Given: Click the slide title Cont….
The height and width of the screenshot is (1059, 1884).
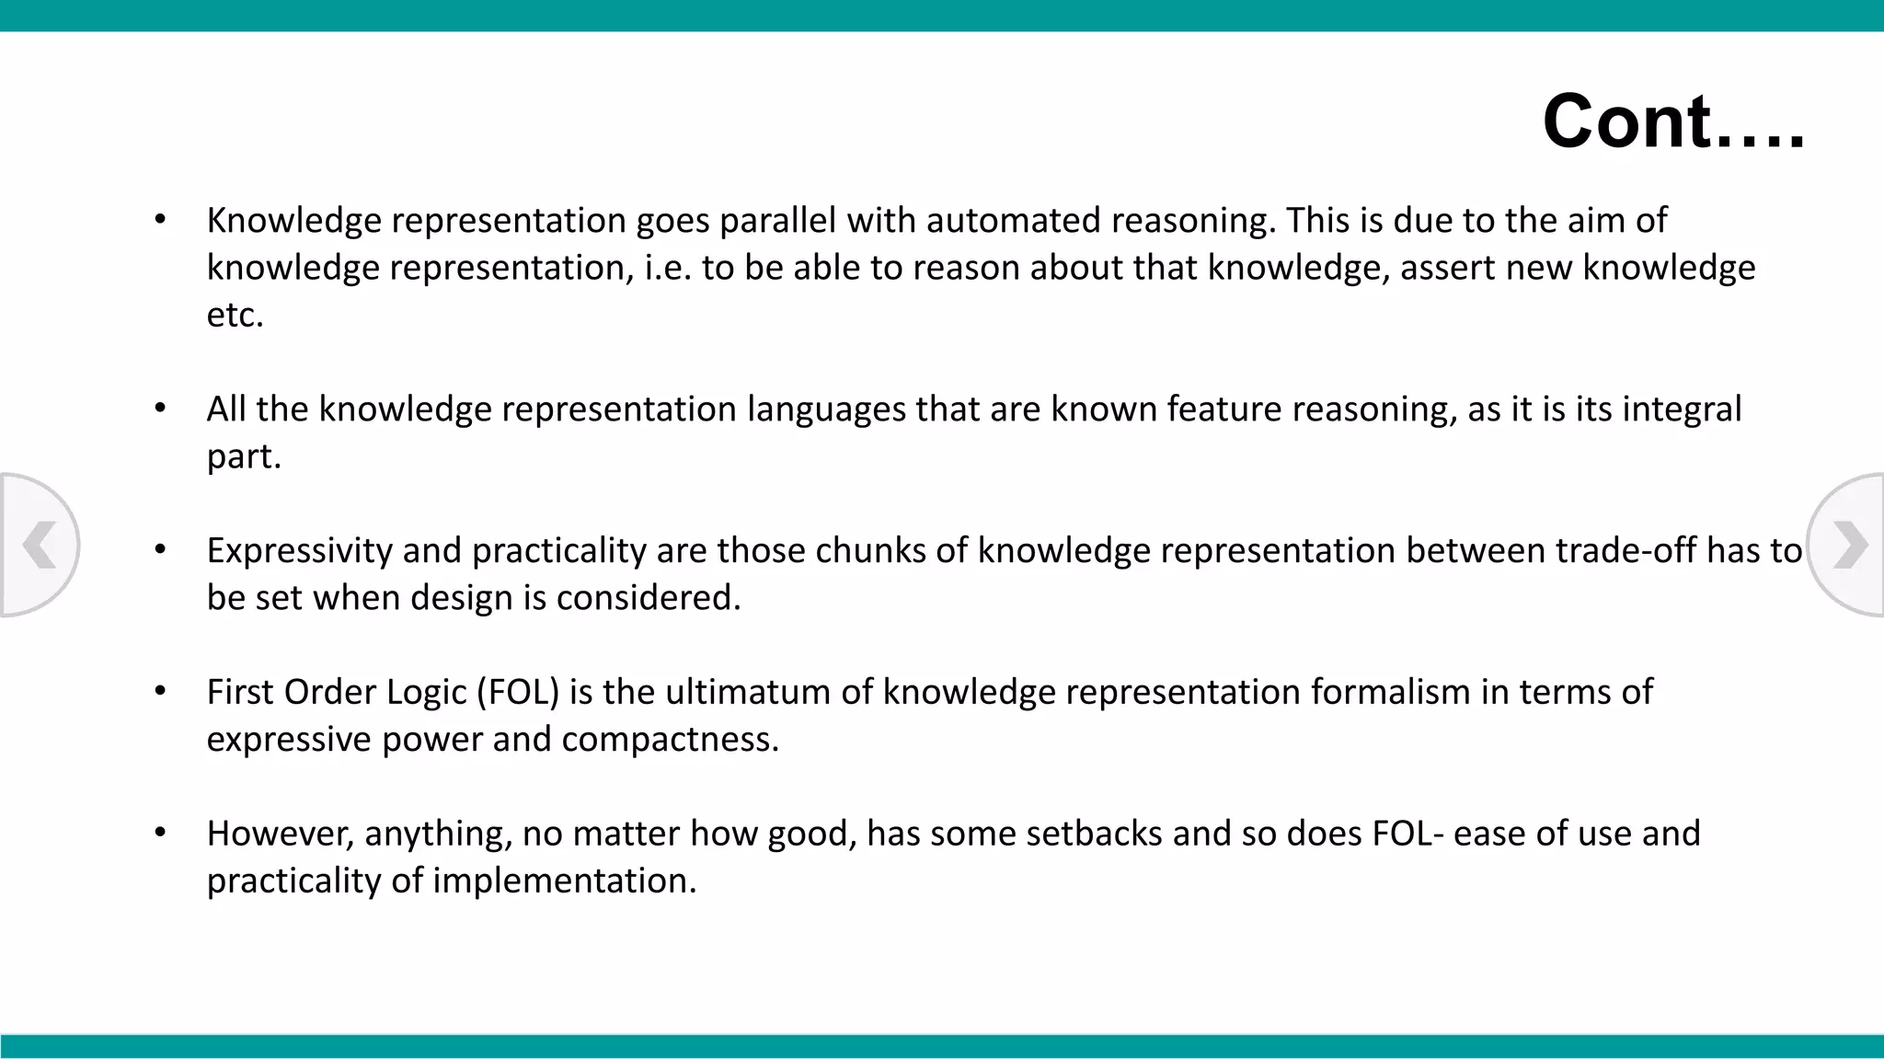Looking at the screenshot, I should click(1673, 121).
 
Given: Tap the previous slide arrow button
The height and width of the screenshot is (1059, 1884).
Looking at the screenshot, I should click(39, 545).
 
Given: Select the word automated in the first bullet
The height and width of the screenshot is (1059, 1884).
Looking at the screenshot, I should click(1013, 221).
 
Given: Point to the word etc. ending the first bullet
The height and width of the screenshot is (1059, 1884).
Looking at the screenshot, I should click(235, 316).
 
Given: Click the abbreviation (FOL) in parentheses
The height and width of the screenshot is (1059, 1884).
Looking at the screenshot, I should click(518, 692).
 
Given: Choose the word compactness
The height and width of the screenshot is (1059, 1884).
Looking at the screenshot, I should click(670, 740).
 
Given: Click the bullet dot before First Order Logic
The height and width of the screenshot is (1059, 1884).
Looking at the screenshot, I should click(160, 690).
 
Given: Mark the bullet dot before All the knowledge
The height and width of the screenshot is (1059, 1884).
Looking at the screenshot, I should click(160, 408).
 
